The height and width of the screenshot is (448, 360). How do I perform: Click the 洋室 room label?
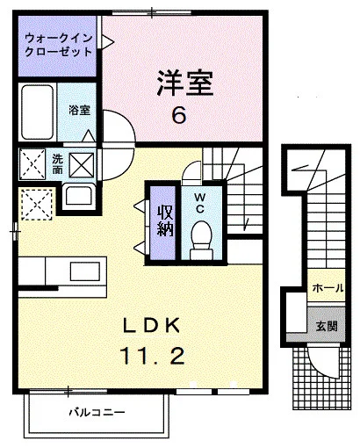coord(185,83)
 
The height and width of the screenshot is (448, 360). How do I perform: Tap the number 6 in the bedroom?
coord(179,115)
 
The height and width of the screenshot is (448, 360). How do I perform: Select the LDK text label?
coord(151,325)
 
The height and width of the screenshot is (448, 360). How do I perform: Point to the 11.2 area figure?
coord(153,355)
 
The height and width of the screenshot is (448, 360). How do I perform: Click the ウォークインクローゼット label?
coord(58,45)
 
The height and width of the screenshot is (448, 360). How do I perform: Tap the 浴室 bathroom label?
coord(79,110)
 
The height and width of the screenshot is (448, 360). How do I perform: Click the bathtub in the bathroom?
coord(37,112)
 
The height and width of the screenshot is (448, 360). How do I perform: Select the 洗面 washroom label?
coord(57,164)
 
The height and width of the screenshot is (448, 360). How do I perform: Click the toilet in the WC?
coord(201,241)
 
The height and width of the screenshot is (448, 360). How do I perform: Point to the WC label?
coord(200,203)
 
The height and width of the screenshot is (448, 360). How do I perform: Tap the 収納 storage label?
coord(165,221)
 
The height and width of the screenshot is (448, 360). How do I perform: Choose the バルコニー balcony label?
coord(97,413)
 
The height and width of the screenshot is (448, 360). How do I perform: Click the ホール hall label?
coord(328,288)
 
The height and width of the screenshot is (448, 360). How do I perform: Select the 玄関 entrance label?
coord(327,326)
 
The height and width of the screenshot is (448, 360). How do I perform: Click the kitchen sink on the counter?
coord(85,271)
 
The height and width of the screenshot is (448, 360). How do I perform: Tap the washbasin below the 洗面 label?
coord(79,196)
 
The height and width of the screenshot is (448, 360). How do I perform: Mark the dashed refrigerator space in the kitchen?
coord(37,205)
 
